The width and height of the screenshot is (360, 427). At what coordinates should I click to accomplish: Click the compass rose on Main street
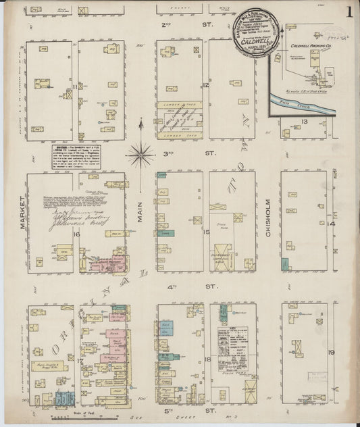coord(140,154)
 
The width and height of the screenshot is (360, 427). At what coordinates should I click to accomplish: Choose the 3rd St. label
coord(181,153)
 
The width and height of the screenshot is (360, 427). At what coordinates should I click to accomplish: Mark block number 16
coord(77,234)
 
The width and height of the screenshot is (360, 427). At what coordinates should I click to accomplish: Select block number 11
coord(75,86)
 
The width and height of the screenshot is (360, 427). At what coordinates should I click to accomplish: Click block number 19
coord(331,352)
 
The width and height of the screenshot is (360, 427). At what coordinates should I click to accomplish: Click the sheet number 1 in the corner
coord(349,11)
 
